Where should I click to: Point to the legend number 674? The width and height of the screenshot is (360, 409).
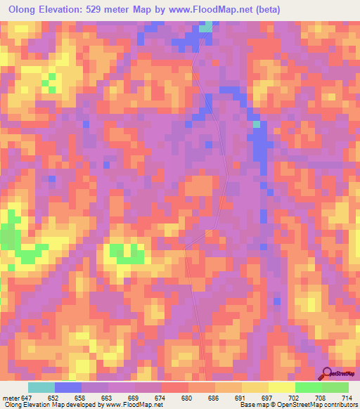pos(162,397)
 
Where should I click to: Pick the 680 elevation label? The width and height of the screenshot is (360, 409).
pos(189,397)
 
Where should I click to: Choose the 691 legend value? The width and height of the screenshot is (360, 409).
pos(243,397)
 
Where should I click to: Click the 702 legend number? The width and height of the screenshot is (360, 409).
pos(296,397)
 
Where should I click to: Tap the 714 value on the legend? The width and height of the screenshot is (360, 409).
pos(347,397)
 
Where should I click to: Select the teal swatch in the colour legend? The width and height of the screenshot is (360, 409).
pos(41,387)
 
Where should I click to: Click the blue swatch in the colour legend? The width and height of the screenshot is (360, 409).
pos(68,387)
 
